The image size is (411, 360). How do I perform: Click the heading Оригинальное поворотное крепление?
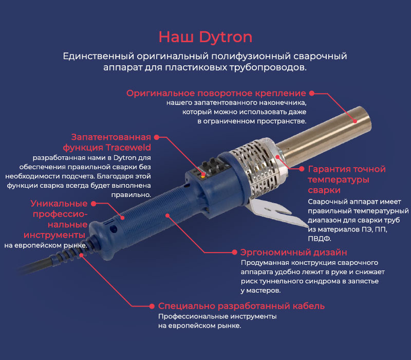tap(216, 93)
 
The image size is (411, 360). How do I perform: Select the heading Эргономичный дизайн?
tap(293, 253)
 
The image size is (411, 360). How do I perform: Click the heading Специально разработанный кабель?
tap(241, 306)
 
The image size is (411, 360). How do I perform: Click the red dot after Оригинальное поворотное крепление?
tap(311, 93)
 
